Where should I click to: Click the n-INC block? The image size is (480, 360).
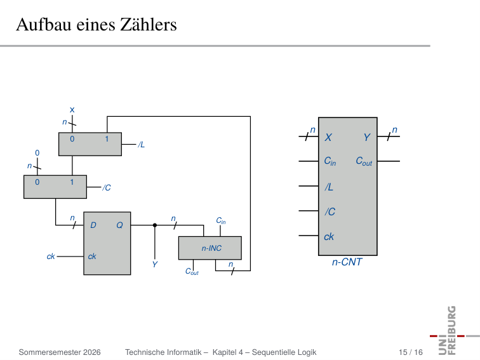210,248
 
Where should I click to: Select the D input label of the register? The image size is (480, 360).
93,225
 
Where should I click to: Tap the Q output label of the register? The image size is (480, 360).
119,225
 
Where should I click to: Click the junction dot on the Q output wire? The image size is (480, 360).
155,225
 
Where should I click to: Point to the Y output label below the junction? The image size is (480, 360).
155,265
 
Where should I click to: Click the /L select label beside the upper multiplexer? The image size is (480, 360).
141,145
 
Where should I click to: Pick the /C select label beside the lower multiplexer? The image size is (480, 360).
107,188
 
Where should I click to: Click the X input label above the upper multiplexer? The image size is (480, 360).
72,110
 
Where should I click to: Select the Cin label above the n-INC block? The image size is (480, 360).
221,221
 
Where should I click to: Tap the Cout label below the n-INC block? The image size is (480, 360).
192,272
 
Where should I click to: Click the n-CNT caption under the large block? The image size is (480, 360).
347,262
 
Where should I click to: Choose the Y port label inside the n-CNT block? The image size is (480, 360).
367,137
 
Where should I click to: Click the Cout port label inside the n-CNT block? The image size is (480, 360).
364,161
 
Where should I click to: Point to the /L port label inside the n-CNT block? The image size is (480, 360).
329,187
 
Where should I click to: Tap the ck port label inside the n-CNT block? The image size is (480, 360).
329,237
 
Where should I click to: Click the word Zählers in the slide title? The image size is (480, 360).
149,25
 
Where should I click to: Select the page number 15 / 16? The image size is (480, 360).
411,352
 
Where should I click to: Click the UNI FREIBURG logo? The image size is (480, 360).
453,331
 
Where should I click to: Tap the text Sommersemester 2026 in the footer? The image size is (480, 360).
60,352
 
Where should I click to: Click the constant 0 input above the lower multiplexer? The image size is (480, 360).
37,153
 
